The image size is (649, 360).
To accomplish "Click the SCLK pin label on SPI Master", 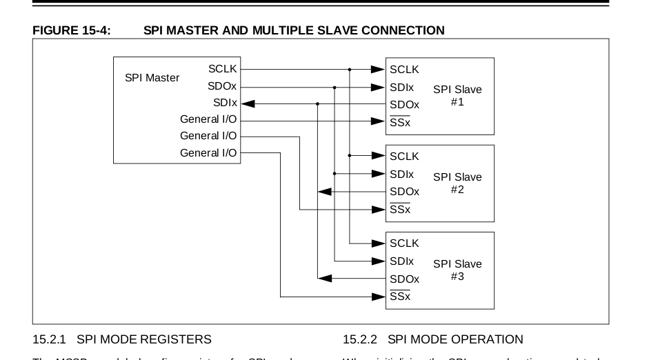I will pos(222,69).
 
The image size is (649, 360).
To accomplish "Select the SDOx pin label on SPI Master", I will pos(222,86).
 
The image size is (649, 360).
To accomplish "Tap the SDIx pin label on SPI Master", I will pos(225,103).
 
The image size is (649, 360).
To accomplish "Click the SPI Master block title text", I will pos(152,78).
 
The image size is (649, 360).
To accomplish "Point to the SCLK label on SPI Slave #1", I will pos(404,70).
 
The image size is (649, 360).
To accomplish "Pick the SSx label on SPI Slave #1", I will pos(399,122).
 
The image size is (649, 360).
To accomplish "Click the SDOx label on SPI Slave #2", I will pos(404,192).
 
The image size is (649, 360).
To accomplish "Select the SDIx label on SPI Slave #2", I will pos(401,174).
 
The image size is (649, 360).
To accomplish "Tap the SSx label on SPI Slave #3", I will pos(399,297).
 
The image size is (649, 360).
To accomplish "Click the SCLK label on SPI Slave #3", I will pos(404,243).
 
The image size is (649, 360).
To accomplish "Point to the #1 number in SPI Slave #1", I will pos(457,102).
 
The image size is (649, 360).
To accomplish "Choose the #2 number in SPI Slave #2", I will pos(457,189).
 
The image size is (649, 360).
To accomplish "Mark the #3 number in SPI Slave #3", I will pos(457,276).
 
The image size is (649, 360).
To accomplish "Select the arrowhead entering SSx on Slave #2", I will pos(378,209).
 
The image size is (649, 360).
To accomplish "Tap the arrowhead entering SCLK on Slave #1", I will pos(378,69).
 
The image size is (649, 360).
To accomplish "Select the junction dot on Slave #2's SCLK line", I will pos(350,156).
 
